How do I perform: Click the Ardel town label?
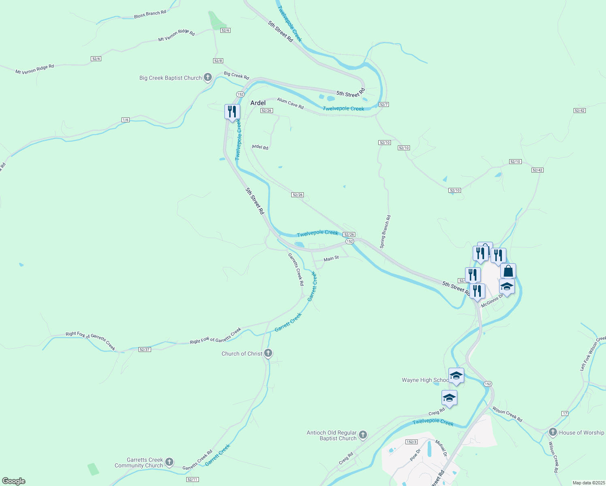(x=258, y=103)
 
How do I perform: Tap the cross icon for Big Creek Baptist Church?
(x=207, y=77)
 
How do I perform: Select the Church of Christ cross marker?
(x=268, y=353)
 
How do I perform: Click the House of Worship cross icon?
(x=553, y=432)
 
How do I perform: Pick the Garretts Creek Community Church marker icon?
(x=169, y=462)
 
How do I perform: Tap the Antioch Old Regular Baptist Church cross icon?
(x=363, y=435)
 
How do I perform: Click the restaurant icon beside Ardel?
(x=232, y=112)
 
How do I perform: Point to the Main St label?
(x=331, y=258)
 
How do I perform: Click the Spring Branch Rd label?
(x=385, y=232)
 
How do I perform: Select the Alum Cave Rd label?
(x=290, y=103)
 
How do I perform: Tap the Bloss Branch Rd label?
(x=150, y=14)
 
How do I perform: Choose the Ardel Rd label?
(x=260, y=147)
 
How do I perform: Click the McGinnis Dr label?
(x=493, y=301)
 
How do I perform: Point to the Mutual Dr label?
(x=441, y=448)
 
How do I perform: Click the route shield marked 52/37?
(x=145, y=350)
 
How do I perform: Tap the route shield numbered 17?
(x=565, y=413)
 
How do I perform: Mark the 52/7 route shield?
(x=384, y=104)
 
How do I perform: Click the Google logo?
(x=14, y=481)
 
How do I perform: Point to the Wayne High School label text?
(x=425, y=380)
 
